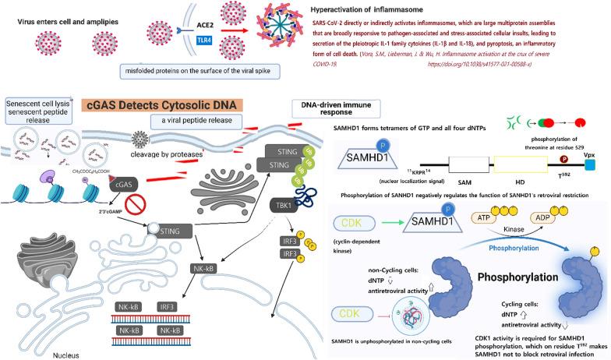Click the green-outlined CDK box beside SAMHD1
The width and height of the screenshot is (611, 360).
coord(359,222)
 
